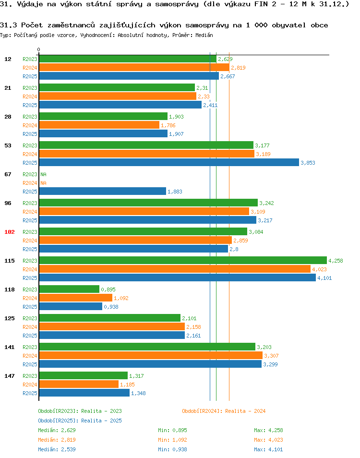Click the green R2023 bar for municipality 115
182,261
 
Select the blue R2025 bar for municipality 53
169,163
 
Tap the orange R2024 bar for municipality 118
75,298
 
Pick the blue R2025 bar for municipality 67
102,192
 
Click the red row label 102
10,232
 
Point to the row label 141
10,347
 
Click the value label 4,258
336,261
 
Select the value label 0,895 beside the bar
108,289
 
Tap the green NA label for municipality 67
43,174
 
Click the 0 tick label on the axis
39,50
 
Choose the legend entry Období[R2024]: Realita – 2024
224,411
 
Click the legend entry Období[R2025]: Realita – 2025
80,421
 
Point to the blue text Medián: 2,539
57,449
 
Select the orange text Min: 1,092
172,440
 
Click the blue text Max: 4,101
268,449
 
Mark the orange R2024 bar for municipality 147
79,385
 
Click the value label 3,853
308,163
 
